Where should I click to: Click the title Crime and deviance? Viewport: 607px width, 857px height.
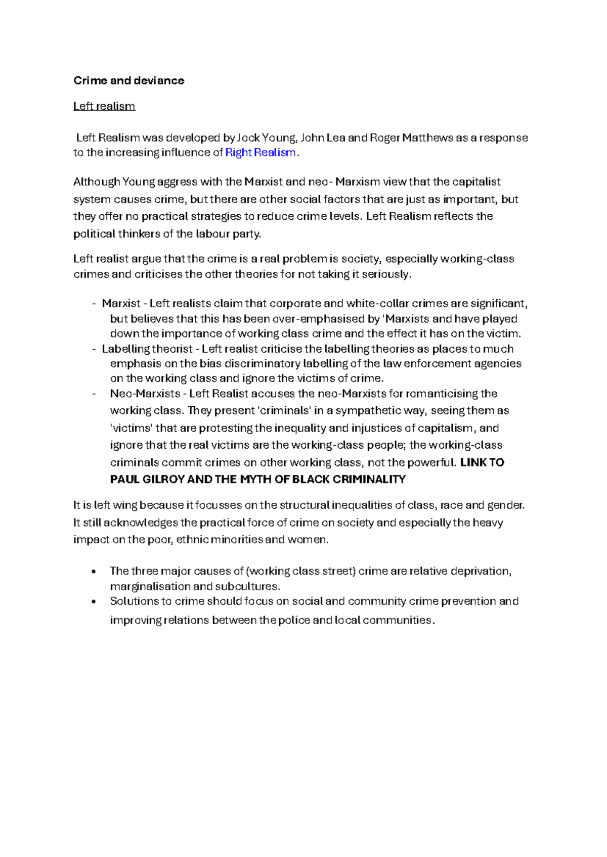pyautogui.click(x=128, y=81)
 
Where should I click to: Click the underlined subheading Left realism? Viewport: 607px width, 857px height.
pyautogui.click(x=104, y=106)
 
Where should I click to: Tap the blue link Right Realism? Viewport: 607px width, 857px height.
pyautogui.click(x=260, y=153)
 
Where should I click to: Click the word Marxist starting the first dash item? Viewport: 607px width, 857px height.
pyautogui.click(x=121, y=304)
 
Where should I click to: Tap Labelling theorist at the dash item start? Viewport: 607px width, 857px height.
pyautogui.click(x=147, y=349)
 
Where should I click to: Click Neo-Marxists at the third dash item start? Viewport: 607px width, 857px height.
pyautogui.click(x=145, y=394)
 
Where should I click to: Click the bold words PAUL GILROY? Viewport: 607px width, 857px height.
pyautogui.click(x=147, y=480)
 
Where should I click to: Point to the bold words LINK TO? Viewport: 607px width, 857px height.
pyautogui.click(x=482, y=462)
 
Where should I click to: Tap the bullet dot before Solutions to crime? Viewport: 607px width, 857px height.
pyautogui.click(x=94, y=602)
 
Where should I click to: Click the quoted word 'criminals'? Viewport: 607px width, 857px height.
pyautogui.click(x=284, y=411)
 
